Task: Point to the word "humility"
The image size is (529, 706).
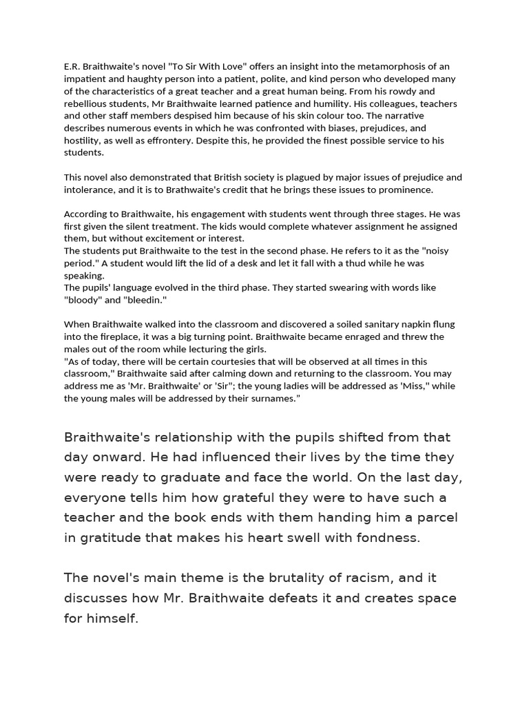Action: click(x=318, y=103)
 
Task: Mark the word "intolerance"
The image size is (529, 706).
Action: click(x=90, y=190)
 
